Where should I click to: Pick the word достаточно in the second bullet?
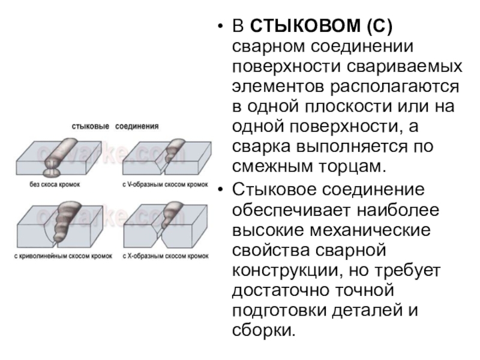click(x=283, y=293)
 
